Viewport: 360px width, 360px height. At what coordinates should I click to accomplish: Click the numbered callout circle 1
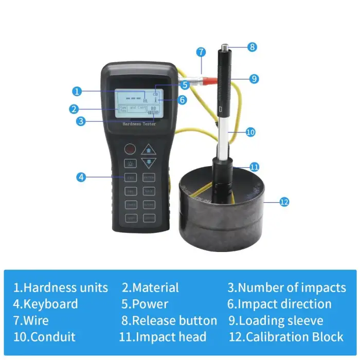coord(77,92)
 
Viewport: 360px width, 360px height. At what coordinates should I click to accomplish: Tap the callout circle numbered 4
coord(81,177)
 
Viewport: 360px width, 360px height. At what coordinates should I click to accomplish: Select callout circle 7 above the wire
coord(201,52)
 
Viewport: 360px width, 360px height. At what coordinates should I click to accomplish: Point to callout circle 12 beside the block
coord(284,202)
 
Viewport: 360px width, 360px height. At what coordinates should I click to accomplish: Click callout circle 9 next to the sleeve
coord(253,79)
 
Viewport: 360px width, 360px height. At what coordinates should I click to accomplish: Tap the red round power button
coord(130,149)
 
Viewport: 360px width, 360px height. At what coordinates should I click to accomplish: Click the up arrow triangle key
coord(149,150)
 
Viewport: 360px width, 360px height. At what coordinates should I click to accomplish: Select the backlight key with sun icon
coord(130,164)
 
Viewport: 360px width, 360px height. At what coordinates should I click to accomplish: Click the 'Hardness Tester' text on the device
coord(139,124)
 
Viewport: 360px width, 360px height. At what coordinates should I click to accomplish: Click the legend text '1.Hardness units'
coord(61,287)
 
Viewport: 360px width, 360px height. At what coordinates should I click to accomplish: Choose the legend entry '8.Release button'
coord(169,321)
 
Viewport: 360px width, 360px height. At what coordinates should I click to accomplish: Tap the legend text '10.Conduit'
coord(45,337)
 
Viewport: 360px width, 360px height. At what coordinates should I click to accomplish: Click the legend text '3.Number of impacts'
coord(286,287)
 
